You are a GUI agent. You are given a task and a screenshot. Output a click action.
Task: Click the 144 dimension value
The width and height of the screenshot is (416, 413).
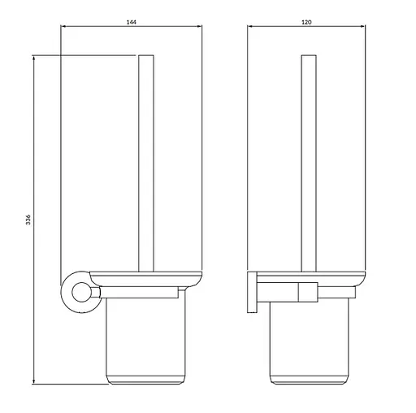tap(132, 22)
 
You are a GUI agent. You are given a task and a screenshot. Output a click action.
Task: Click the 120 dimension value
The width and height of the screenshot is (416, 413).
tap(306, 22)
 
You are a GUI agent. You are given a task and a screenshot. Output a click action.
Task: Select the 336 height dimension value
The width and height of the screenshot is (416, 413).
tap(28, 220)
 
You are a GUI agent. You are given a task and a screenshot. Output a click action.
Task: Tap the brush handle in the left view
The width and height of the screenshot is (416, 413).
tap(146, 163)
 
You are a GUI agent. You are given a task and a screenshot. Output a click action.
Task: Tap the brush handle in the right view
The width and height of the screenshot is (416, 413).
tap(309, 163)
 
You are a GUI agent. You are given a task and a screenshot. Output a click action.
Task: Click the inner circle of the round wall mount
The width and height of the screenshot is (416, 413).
tap(81, 292)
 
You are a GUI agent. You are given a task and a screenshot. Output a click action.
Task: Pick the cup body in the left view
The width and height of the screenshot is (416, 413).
tap(145, 340)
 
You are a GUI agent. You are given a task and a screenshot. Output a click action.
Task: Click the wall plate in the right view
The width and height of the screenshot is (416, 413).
tap(252, 292)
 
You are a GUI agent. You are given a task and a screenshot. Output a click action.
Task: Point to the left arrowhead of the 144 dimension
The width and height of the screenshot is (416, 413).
tap(63, 26)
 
